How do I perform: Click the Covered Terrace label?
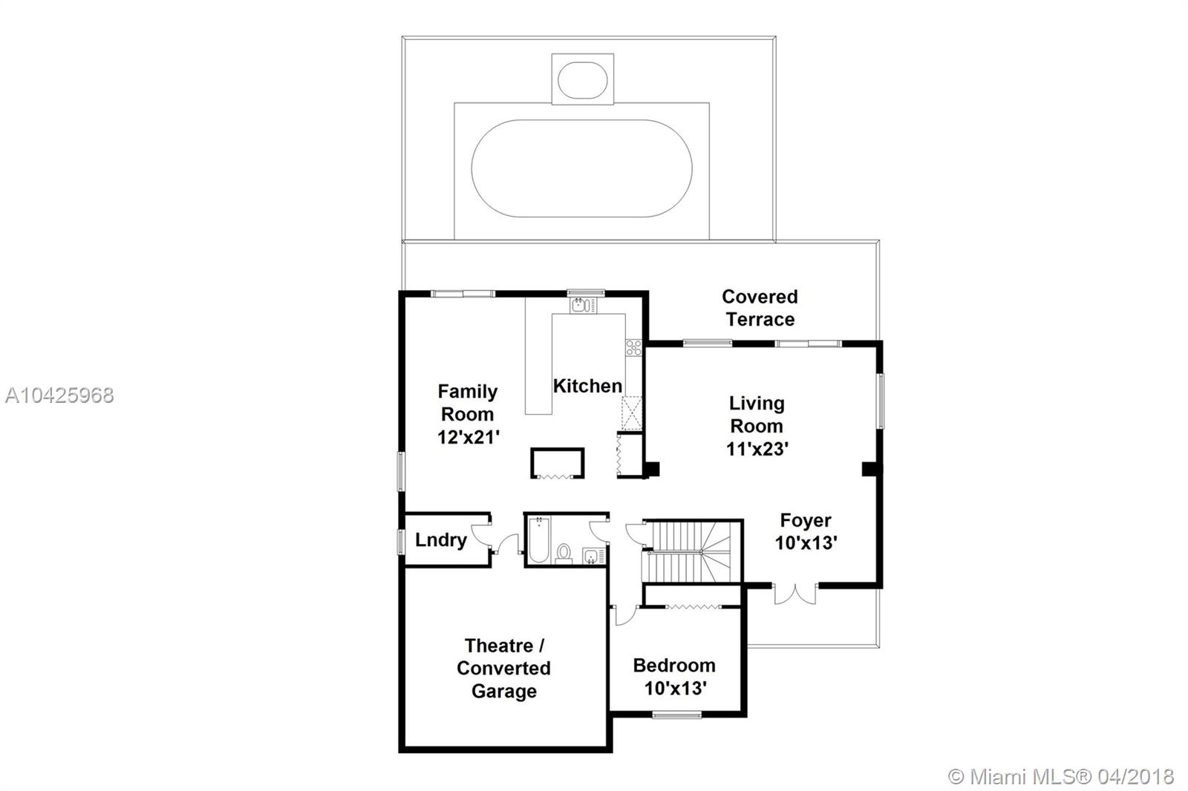click(x=760, y=308)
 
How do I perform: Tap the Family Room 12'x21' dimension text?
click(x=467, y=437)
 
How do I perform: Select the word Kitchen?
click(x=587, y=386)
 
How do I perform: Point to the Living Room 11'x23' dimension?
click(x=757, y=449)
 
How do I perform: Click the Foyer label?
click(x=805, y=520)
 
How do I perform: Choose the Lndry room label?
click(x=440, y=539)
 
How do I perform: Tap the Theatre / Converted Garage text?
click(x=503, y=668)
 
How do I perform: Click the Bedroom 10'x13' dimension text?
click(x=674, y=689)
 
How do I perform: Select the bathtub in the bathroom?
click(x=538, y=539)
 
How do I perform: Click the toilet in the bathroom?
click(x=564, y=553)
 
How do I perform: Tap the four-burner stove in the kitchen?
click(x=633, y=347)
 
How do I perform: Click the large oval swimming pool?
click(x=581, y=168)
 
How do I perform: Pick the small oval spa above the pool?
click(x=582, y=79)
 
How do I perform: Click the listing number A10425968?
click(x=59, y=395)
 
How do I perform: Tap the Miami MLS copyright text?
click(x=1062, y=777)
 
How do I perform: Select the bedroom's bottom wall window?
click(x=676, y=715)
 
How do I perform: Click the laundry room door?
click(x=481, y=535)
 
